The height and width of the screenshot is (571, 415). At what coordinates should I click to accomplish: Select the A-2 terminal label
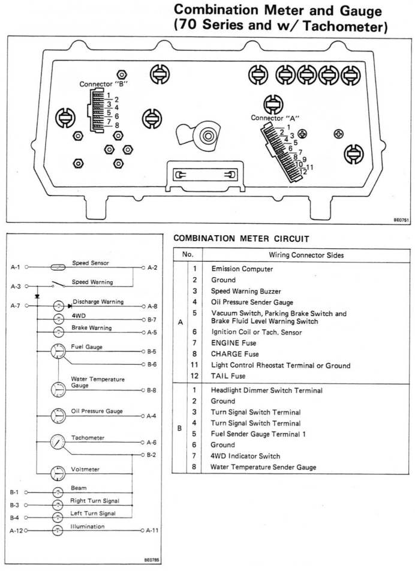pyautogui.click(x=153, y=268)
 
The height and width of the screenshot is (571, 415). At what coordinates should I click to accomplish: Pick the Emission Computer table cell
pyautogui.click(x=242, y=269)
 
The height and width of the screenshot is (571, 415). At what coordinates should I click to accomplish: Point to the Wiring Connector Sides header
pyautogui.click(x=307, y=255)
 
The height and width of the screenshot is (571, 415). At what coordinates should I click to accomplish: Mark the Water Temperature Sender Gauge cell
pyautogui.click(x=264, y=467)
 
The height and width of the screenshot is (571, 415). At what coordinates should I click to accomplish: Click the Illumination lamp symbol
pyautogui.click(x=59, y=530)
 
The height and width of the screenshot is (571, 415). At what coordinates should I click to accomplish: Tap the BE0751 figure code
pyautogui.click(x=401, y=221)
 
